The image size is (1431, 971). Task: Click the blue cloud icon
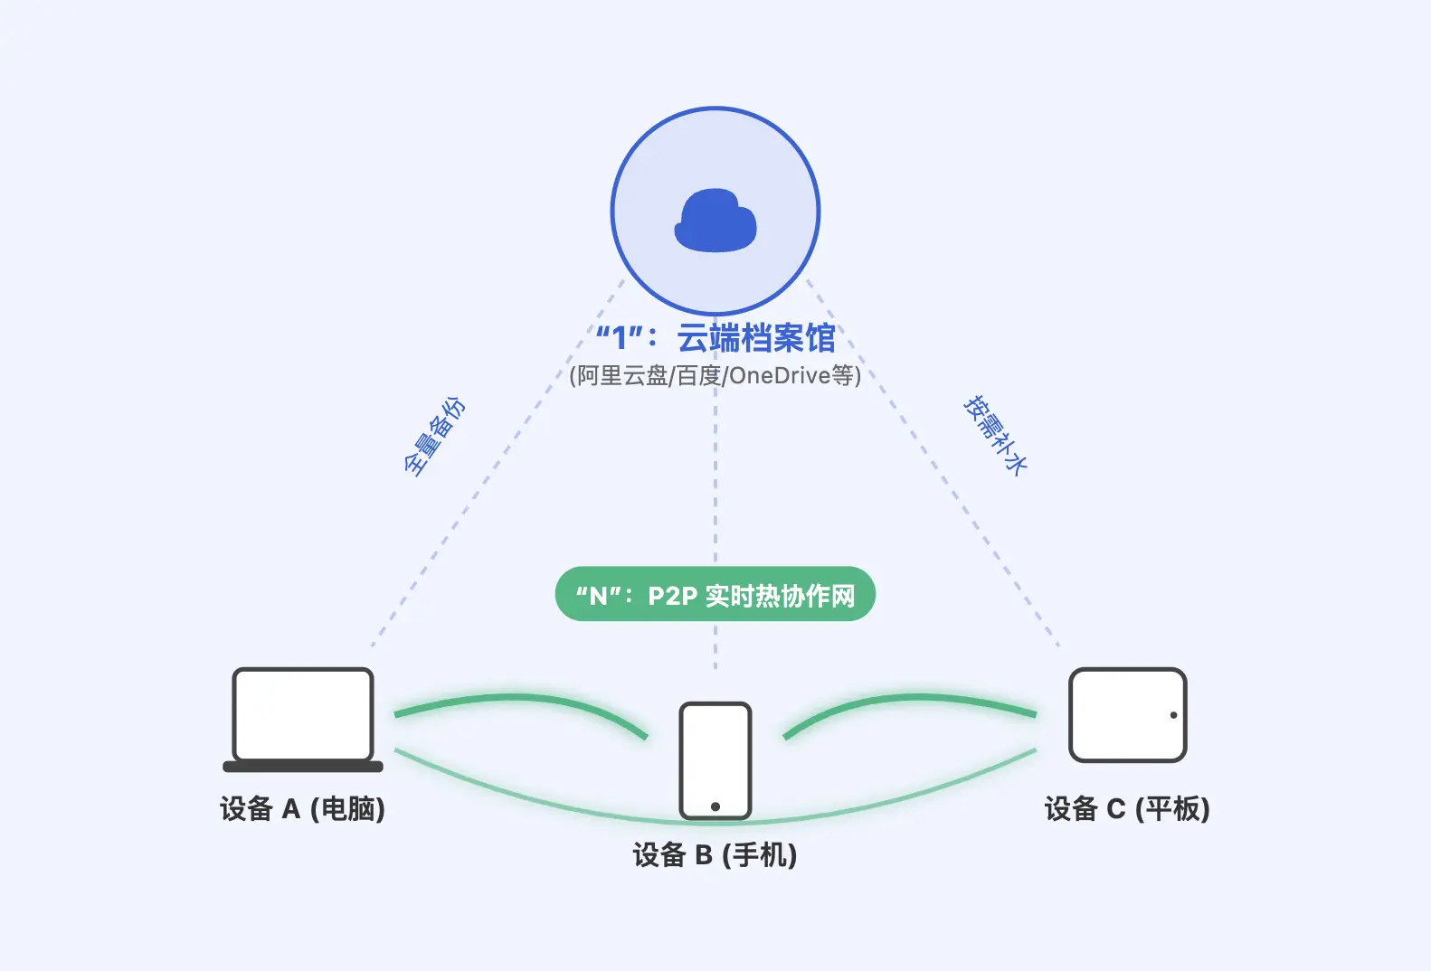[x=715, y=222]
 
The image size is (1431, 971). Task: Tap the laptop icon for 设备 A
[x=303, y=714]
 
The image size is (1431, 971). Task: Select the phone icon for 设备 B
[x=715, y=759]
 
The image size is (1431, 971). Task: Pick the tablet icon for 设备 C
[x=1127, y=715]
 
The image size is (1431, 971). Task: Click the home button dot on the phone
[x=715, y=806]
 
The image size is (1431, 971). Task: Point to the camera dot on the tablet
[x=1173, y=715]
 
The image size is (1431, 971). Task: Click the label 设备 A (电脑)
[x=302, y=808]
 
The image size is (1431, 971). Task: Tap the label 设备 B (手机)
[x=715, y=854]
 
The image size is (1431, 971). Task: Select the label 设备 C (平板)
[x=1127, y=808]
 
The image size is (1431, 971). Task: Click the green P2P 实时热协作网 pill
[x=715, y=595]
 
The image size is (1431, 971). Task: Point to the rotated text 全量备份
[x=434, y=436]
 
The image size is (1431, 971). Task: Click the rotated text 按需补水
[x=995, y=435]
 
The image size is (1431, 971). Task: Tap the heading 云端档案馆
[x=755, y=338]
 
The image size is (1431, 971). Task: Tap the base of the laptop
[x=303, y=767]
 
